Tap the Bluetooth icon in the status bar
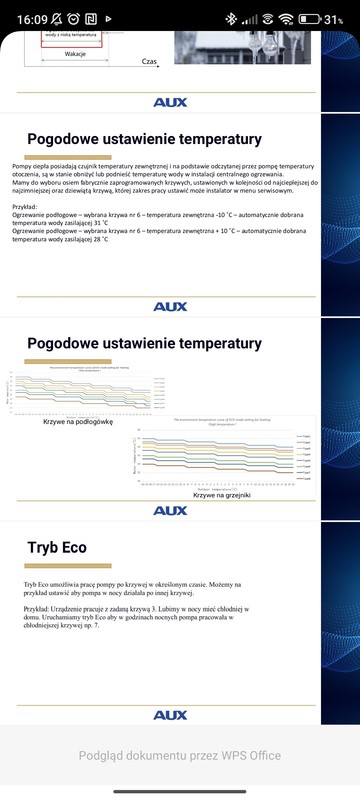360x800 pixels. coord(229,18)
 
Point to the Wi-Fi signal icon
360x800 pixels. coord(286,18)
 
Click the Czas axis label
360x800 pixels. coord(151,61)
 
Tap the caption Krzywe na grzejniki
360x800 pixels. coord(222,494)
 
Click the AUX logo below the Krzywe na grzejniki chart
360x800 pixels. coord(170,510)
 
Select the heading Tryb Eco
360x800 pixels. coord(60,547)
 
